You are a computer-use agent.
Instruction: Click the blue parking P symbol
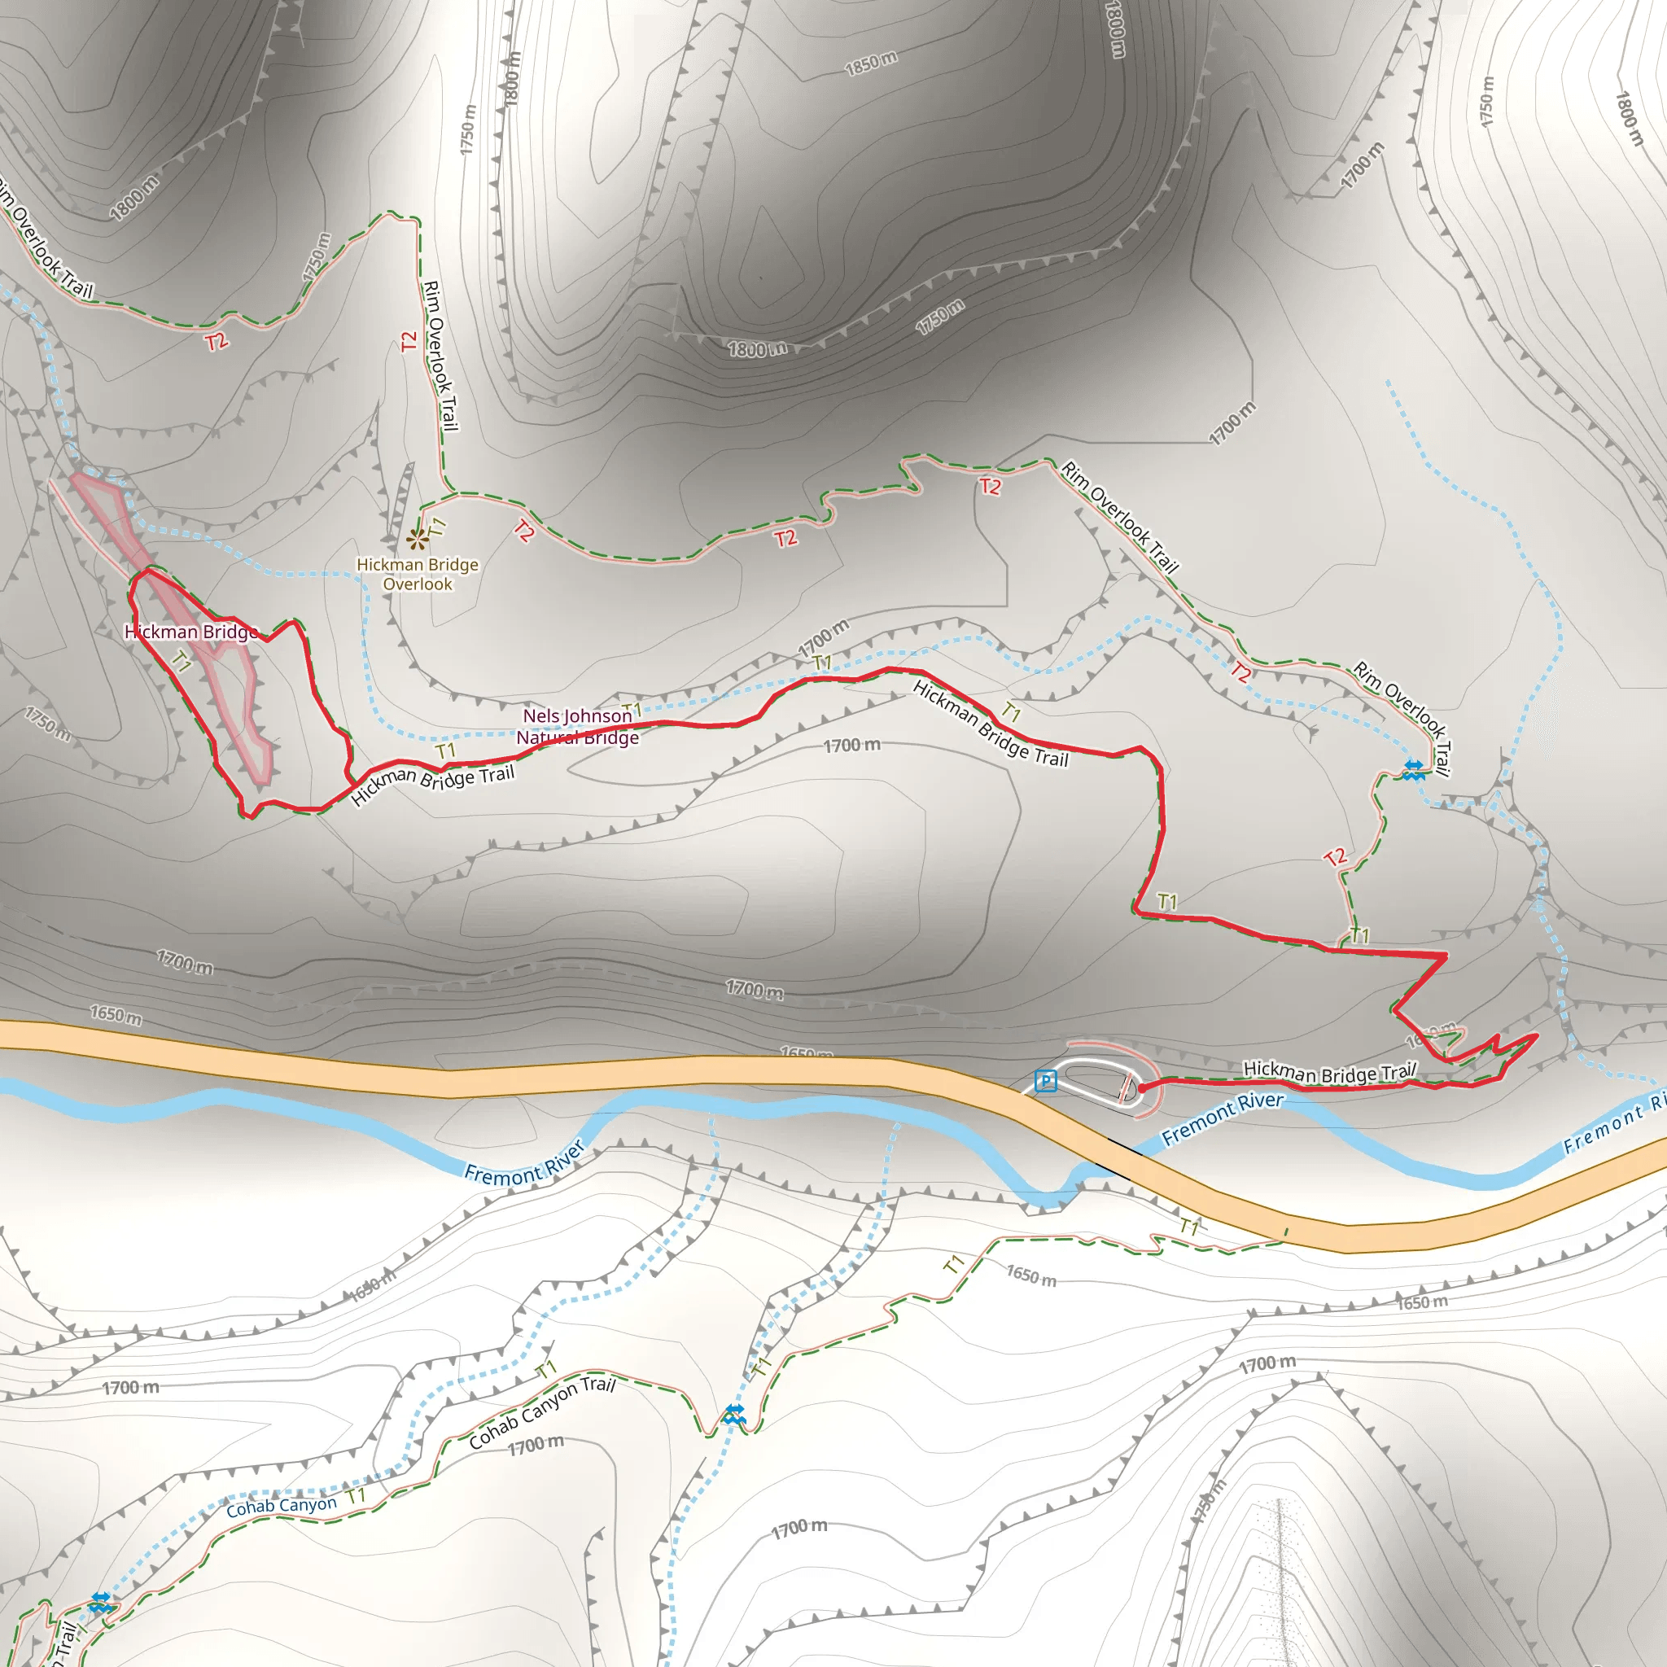(x=1046, y=1080)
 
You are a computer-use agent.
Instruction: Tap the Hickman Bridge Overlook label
(x=418, y=575)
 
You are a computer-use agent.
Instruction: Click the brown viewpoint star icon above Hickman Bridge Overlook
(x=418, y=540)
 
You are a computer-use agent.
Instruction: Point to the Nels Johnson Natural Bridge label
(x=578, y=727)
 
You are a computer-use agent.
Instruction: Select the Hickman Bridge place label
(x=191, y=632)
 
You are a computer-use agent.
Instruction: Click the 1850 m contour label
(x=871, y=63)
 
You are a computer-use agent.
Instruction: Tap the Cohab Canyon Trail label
(x=542, y=1411)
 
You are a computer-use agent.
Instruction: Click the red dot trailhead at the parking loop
(x=1142, y=1089)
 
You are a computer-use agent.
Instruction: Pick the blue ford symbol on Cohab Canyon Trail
(x=734, y=1413)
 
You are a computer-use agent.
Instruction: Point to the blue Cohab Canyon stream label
(x=282, y=1507)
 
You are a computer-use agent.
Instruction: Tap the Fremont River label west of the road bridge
(x=525, y=1162)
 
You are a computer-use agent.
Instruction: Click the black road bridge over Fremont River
(x=1120, y=1160)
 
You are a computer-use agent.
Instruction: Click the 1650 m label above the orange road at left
(x=116, y=1014)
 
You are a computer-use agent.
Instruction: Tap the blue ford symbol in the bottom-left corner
(x=101, y=1602)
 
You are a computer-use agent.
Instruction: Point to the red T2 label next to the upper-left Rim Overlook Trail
(x=217, y=342)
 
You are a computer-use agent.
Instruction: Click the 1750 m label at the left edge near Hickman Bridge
(x=46, y=723)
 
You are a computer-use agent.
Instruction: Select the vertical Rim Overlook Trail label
(x=440, y=356)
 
